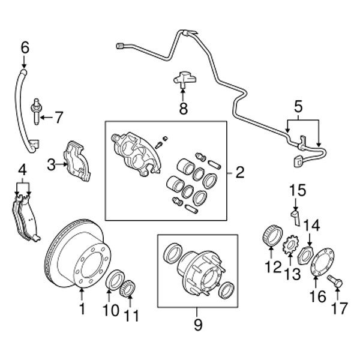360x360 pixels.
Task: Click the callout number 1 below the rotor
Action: point(82,310)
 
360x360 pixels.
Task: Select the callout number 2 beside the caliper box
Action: point(240,173)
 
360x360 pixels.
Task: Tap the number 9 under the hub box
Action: point(198,326)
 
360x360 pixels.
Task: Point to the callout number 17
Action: point(339,308)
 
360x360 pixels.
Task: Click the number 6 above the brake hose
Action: point(25,46)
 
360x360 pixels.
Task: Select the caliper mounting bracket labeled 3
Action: point(77,160)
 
